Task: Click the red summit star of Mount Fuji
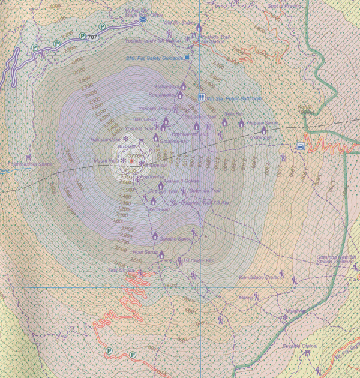click(x=131, y=161)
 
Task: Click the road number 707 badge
click(x=92, y=38)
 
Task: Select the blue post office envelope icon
click(x=144, y=19)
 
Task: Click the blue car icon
click(x=300, y=145)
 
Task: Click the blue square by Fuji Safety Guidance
click(x=187, y=58)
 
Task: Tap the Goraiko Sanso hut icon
click(x=155, y=235)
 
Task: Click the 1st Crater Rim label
click(x=199, y=261)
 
